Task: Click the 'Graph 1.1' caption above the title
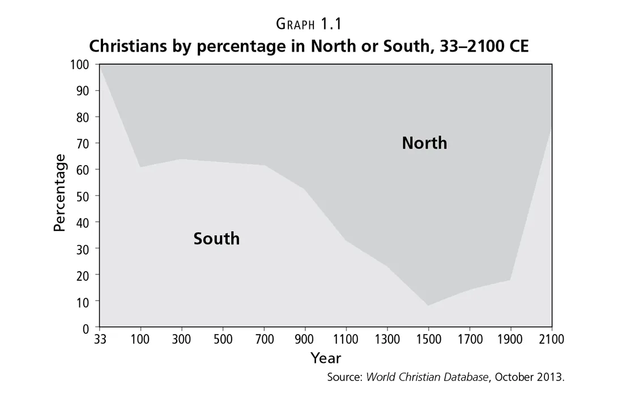pos(309,24)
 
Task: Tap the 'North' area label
pos(424,143)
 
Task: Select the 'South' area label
pos(216,239)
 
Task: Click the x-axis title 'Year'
pos(326,358)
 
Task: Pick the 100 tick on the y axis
pos(80,65)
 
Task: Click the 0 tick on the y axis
pos(86,328)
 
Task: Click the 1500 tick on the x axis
pos(428,340)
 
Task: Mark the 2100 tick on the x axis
pos(552,340)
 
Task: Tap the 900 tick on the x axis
pos(305,340)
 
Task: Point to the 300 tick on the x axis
pos(181,340)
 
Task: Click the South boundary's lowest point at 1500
pos(428,306)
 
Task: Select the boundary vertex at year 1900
pos(510,280)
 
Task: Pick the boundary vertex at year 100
pos(140,167)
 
